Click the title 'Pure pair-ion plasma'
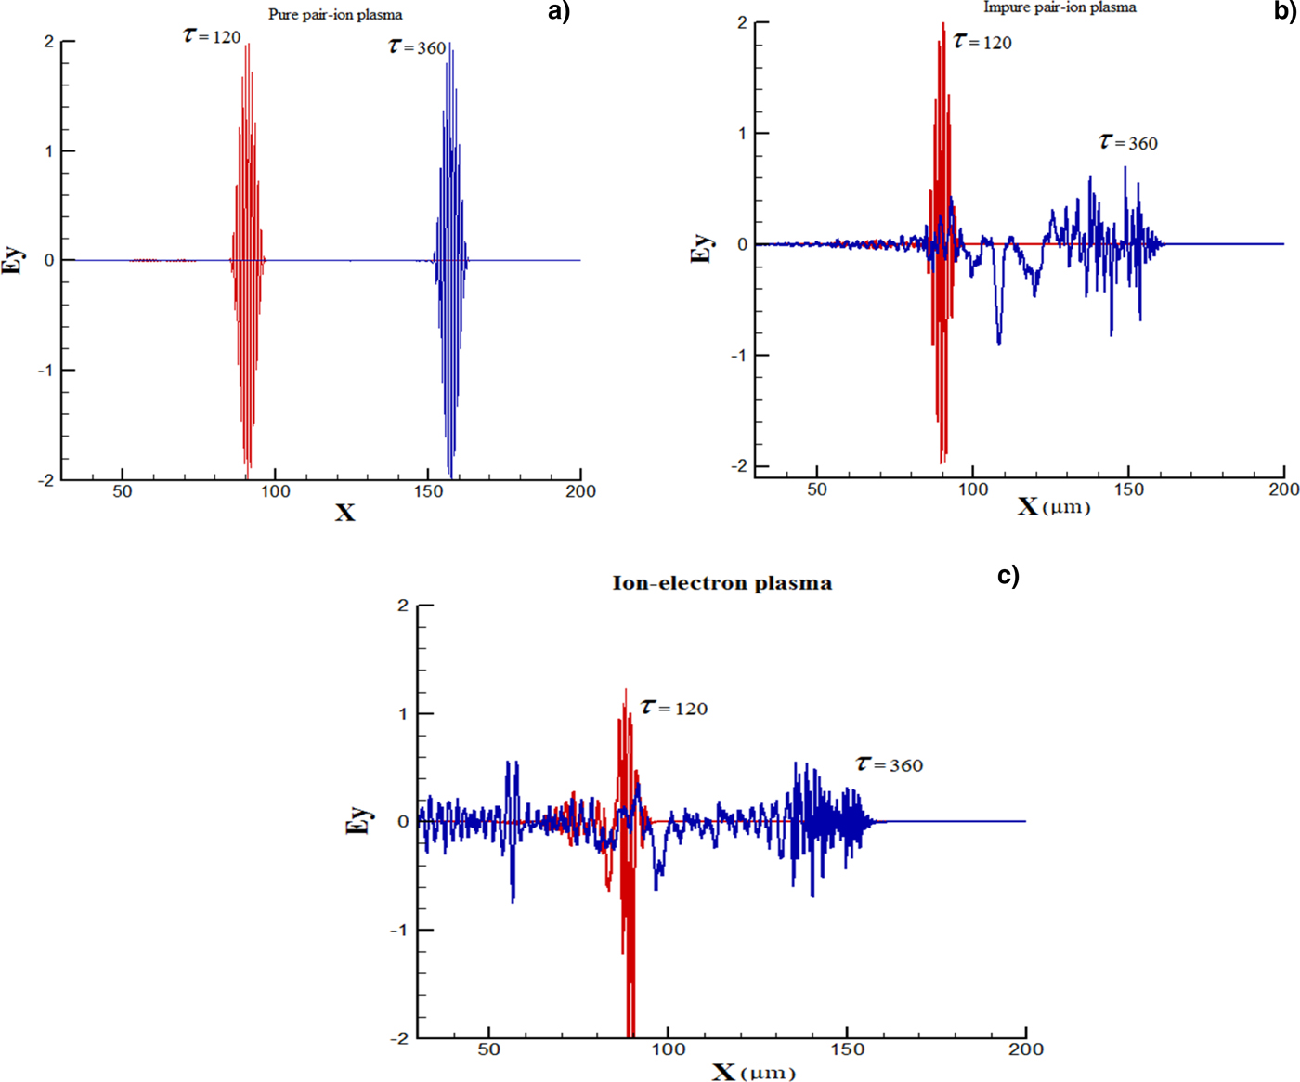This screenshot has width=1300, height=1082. (x=335, y=15)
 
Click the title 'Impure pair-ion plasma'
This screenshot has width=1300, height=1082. (x=1059, y=7)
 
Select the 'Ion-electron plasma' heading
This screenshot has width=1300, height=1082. (x=721, y=583)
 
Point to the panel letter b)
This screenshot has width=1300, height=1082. (x=1285, y=11)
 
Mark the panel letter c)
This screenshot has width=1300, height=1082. (x=1008, y=576)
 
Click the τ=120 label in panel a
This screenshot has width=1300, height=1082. (x=213, y=37)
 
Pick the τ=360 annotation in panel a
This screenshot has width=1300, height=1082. (x=417, y=47)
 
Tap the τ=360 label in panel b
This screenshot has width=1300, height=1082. (x=1128, y=142)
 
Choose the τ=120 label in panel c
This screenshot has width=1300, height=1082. (x=674, y=708)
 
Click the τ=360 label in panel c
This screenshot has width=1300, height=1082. (x=890, y=764)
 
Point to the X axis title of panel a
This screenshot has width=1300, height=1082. (x=344, y=513)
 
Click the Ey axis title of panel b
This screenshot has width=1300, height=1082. (x=702, y=247)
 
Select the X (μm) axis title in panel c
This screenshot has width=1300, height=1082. (x=753, y=1073)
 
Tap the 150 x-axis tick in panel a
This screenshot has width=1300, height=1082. (x=429, y=491)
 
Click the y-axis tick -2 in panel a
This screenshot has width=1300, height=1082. (x=45, y=480)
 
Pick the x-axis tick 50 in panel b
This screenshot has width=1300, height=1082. (x=816, y=489)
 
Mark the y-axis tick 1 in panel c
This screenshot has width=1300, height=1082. (x=403, y=713)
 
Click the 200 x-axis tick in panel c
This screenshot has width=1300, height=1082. (x=1025, y=1049)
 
